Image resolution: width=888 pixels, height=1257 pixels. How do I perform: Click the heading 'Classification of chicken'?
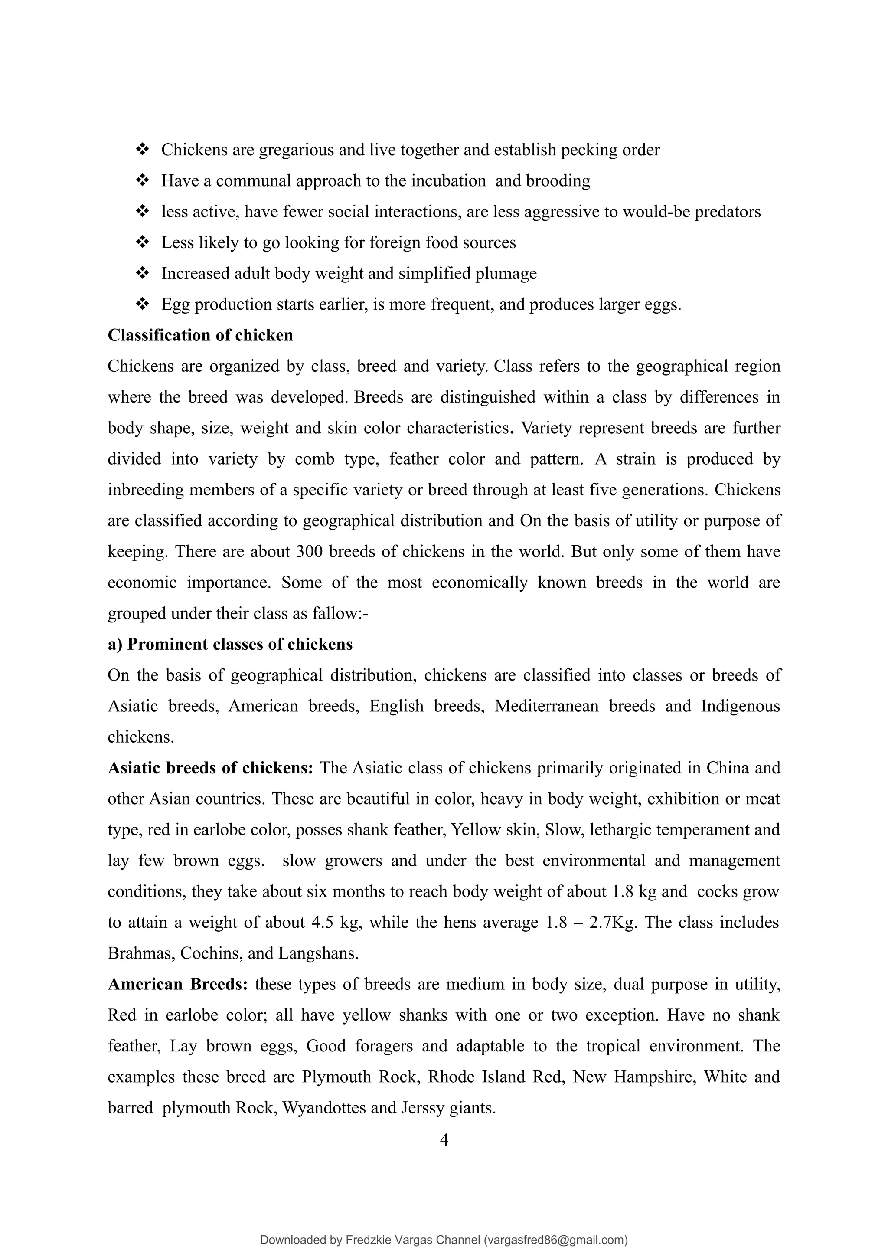[x=200, y=335]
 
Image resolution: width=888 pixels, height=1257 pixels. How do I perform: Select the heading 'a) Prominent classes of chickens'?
[x=230, y=645]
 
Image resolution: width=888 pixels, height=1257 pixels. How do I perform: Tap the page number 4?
[x=444, y=1140]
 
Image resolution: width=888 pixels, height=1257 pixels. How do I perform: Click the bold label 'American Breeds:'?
[x=178, y=984]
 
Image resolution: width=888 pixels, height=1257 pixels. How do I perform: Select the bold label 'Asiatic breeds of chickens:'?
[x=210, y=768]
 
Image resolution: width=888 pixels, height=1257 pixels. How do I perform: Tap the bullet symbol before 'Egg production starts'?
[x=142, y=304]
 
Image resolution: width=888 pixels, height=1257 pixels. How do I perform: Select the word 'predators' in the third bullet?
[x=727, y=212]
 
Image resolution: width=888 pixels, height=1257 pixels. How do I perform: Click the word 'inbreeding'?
[x=146, y=489]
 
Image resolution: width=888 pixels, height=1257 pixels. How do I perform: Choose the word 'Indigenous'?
[x=740, y=706]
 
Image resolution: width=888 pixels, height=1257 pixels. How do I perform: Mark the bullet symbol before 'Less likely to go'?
[x=142, y=242]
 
